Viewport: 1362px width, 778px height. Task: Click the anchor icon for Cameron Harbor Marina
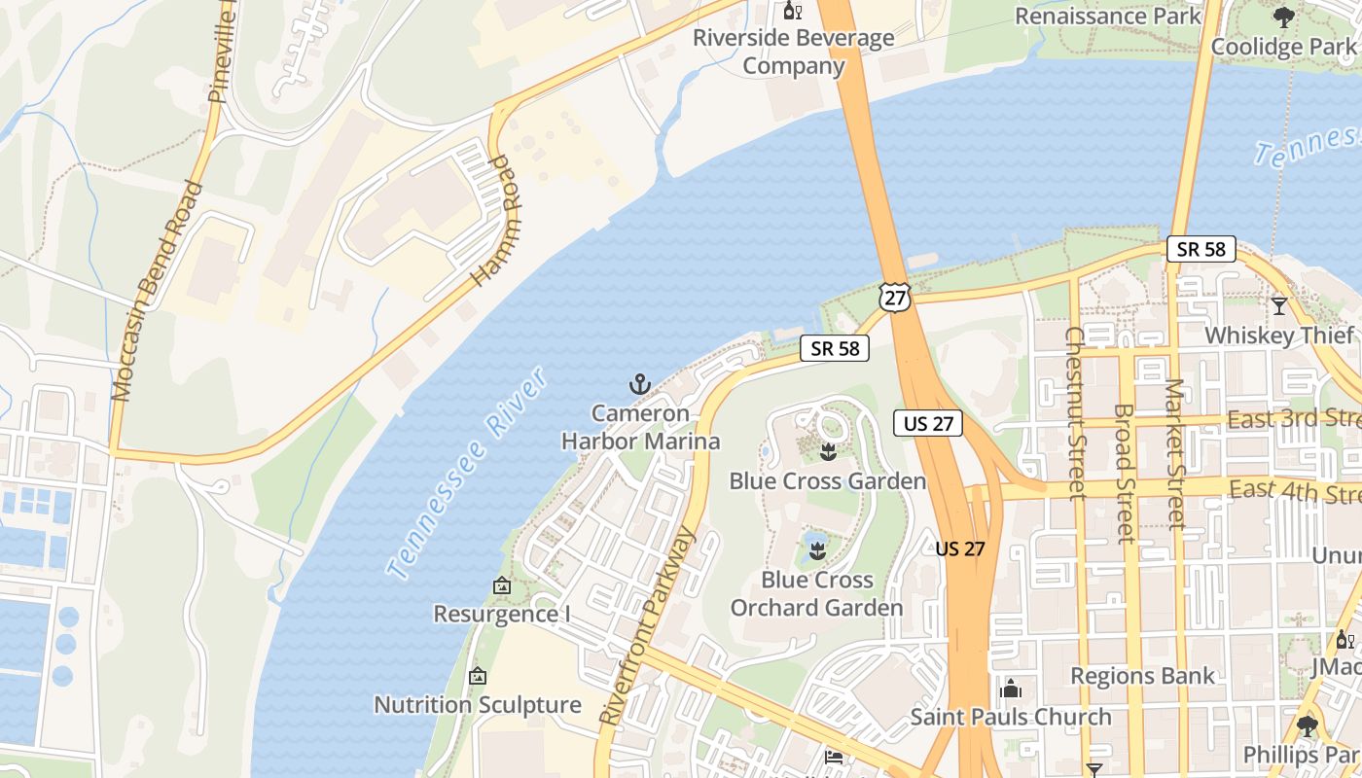click(x=639, y=384)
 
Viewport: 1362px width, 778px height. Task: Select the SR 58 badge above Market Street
click(x=1201, y=249)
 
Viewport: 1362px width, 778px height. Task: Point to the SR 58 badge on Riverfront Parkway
click(x=835, y=348)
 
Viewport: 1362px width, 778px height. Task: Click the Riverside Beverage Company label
click(x=793, y=53)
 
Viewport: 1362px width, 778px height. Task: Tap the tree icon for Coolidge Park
click(x=1284, y=17)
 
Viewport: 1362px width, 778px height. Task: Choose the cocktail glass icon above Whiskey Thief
click(x=1279, y=306)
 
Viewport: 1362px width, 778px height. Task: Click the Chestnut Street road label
click(x=1075, y=413)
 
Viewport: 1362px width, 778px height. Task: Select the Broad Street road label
click(x=1125, y=473)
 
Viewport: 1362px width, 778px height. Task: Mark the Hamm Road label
click(x=490, y=221)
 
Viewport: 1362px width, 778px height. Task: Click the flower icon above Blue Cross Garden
click(x=828, y=452)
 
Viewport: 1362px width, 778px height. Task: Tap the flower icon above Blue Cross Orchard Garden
click(x=816, y=551)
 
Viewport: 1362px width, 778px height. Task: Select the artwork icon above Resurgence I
click(x=502, y=585)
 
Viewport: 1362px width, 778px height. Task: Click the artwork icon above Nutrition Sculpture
click(x=478, y=676)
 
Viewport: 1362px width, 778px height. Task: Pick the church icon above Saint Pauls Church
click(x=1011, y=689)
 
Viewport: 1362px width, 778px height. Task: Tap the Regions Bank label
click(x=1142, y=676)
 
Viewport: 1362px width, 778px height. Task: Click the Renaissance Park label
click(x=1108, y=17)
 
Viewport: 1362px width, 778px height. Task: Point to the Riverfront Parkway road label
click(x=649, y=625)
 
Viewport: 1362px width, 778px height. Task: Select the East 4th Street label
click(x=1294, y=490)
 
